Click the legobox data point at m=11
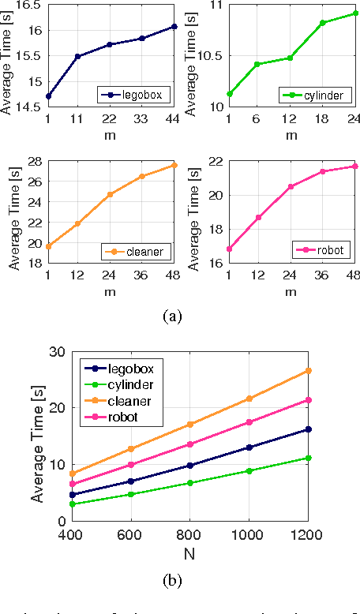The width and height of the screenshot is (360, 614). click(x=78, y=57)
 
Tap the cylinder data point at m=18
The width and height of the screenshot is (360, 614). click(x=322, y=23)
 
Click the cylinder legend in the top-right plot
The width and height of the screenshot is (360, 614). click(x=310, y=95)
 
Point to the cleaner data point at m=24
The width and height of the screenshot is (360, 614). click(x=110, y=194)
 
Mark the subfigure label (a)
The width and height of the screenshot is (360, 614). click(x=171, y=316)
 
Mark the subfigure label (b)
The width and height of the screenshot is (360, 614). click(x=171, y=581)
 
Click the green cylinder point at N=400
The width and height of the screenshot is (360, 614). click(x=72, y=504)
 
